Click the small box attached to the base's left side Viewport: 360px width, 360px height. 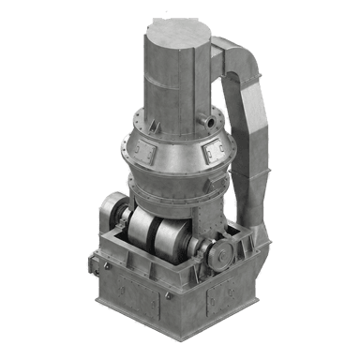click(x=97, y=264)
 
